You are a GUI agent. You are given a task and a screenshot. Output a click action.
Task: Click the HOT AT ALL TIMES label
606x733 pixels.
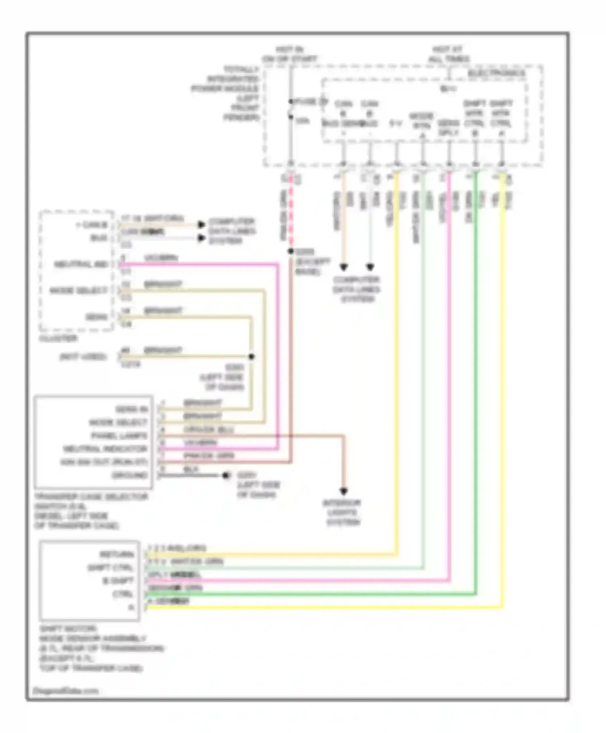click(x=448, y=55)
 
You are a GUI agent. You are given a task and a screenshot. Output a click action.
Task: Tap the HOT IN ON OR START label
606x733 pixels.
click(x=289, y=55)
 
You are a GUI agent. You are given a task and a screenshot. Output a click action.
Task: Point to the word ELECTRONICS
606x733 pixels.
click(x=497, y=73)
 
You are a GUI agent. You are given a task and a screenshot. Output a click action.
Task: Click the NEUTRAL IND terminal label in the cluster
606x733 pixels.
click(x=81, y=264)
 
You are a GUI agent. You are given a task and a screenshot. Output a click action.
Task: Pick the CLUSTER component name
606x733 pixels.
click(x=58, y=338)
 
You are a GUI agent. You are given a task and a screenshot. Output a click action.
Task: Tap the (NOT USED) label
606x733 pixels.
click(x=83, y=356)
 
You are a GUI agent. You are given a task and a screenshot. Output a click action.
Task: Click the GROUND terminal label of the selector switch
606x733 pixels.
click(x=130, y=475)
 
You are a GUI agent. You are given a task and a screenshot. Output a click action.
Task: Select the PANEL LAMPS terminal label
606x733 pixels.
click(x=119, y=436)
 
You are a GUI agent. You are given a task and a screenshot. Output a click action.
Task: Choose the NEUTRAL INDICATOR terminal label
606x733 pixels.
click(x=105, y=449)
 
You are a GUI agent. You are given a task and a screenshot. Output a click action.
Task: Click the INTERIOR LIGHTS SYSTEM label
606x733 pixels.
click(x=343, y=512)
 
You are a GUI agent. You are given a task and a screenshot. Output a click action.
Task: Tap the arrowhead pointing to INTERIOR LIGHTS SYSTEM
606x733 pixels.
click(x=343, y=491)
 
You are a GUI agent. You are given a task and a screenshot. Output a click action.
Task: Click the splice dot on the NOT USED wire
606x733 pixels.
click(x=251, y=356)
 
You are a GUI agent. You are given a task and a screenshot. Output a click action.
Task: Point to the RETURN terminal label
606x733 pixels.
click(x=117, y=554)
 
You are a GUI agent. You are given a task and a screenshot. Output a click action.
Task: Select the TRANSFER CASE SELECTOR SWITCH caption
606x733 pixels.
click(x=91, y=511)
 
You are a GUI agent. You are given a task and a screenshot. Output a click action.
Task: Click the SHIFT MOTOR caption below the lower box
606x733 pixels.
click(x=68, y=629)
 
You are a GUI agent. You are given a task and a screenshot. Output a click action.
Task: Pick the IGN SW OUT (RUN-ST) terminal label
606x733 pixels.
click(x=104, y=461)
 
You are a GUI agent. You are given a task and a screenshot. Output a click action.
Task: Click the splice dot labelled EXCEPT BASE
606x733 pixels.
click(x=290, y=251)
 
